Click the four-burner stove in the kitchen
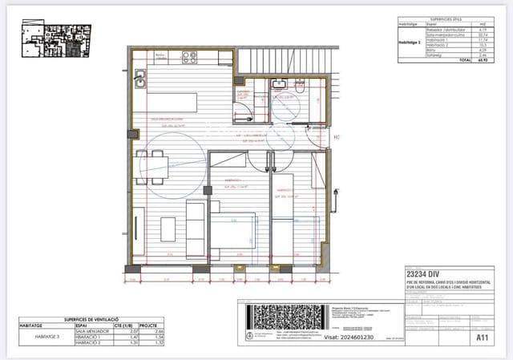190,58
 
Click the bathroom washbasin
279,83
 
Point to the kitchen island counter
172,103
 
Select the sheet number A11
482,338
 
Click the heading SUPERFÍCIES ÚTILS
446,19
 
